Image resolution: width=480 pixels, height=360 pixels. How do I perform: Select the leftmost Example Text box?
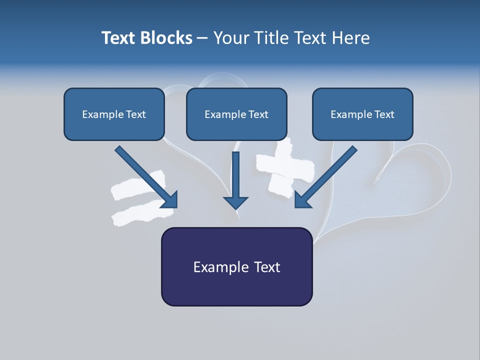(114, 114)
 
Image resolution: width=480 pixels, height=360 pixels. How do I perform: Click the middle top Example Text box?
(236, 114)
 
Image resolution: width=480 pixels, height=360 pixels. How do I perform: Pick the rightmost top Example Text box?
(362, 114)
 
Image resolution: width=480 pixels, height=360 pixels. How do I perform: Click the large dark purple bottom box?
(236, 266)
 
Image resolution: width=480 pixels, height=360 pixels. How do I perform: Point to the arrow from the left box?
(145, 176)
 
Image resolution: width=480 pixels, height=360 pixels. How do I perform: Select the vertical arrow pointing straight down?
(235, 177)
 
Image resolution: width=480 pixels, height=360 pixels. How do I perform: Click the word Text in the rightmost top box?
(384, 114)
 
